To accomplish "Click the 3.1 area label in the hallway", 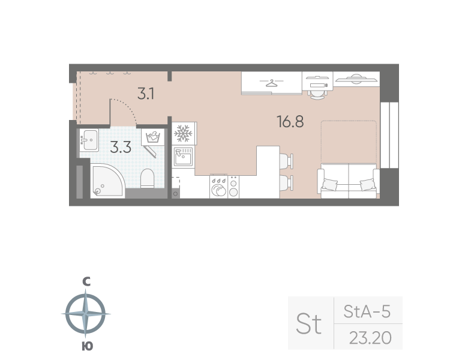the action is (146, 94).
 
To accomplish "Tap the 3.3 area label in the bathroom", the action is (121, 148).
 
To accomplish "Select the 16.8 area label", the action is (290, 122).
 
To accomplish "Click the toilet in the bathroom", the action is (147, 178).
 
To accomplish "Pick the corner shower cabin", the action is (107, 181).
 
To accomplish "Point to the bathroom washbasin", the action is (89, 140).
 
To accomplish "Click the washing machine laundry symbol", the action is (153, 137).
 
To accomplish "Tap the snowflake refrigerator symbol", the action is (183, 133).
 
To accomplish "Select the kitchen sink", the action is (183, 157).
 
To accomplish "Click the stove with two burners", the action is (233, 187).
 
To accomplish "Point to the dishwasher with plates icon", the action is (218, 187).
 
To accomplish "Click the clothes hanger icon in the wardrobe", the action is (272, 83).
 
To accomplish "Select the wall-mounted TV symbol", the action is (356, 79).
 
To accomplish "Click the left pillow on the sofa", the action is (330, 185).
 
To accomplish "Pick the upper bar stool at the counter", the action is (286, 161).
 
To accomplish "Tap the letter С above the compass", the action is (86, 281).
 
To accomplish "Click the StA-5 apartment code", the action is (367, 311).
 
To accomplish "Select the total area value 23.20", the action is (370, 338).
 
